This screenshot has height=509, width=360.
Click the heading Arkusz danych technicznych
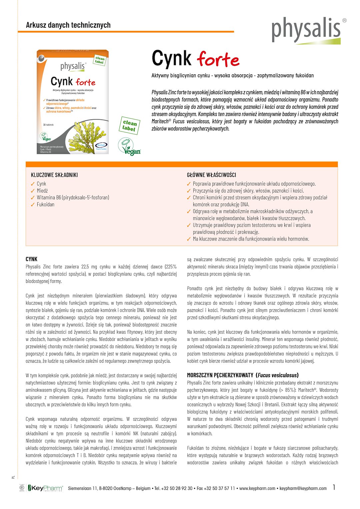(68, 25)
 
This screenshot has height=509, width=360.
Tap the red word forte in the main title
(218, 60)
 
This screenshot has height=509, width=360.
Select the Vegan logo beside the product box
(130, 147)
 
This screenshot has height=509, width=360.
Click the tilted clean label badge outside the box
(129, 126)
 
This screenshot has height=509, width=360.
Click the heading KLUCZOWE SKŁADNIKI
(54, 175)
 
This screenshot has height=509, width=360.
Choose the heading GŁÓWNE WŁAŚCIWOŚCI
(211, 175)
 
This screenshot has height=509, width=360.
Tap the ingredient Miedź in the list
(42, 191)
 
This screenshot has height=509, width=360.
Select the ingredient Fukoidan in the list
(46, 205)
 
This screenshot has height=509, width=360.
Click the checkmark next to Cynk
(33, 184)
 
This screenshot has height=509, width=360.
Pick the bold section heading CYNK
(32, 259)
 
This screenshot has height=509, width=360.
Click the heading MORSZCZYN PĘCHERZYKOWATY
(220, 375)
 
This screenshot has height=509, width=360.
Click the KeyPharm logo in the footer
(45, 488)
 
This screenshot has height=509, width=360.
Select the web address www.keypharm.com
(257, 488)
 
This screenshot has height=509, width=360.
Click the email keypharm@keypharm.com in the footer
(303, 488)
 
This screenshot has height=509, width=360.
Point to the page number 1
(334, 487)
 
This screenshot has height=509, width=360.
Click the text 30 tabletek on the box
(48, 125)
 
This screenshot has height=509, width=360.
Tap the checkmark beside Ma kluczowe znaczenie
(189, 239)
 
